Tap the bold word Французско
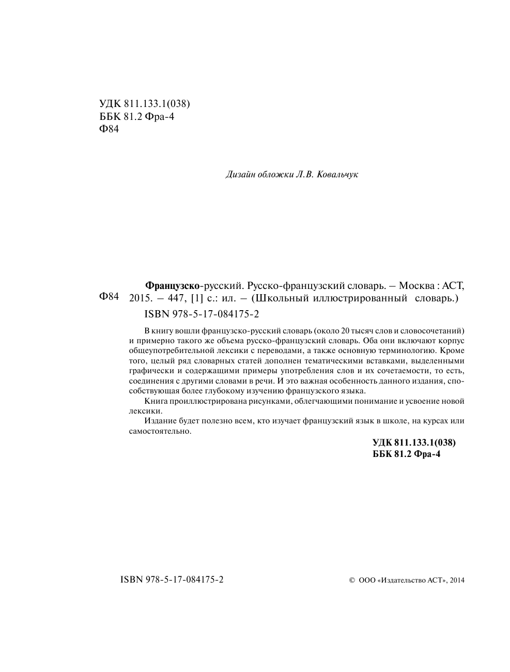click(173, 285)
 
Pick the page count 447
click(174, 298)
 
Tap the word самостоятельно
click(160, 431)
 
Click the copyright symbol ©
click(352, 581)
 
